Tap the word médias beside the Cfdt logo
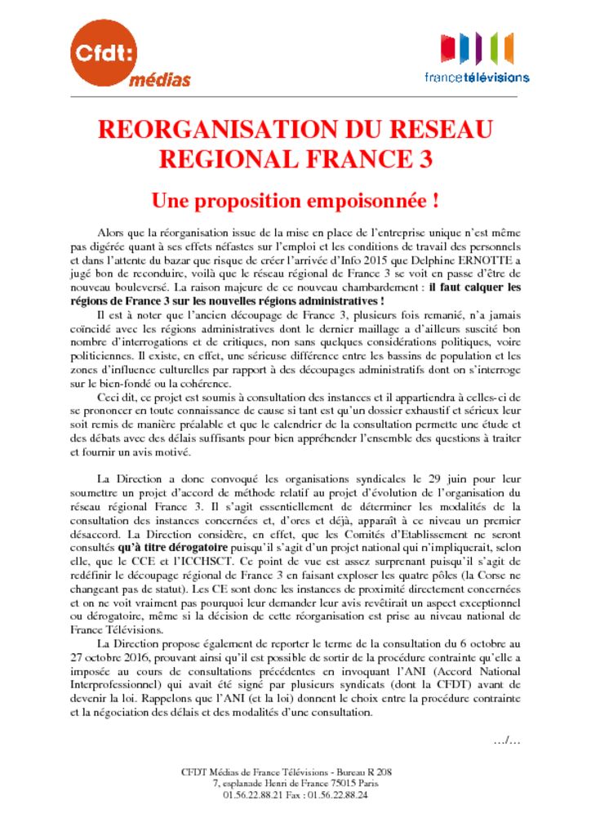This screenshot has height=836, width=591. [x=159, y=80]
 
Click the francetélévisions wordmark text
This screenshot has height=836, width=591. [x=477, y=78]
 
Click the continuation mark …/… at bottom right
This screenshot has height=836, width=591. [x=507, y=740]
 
